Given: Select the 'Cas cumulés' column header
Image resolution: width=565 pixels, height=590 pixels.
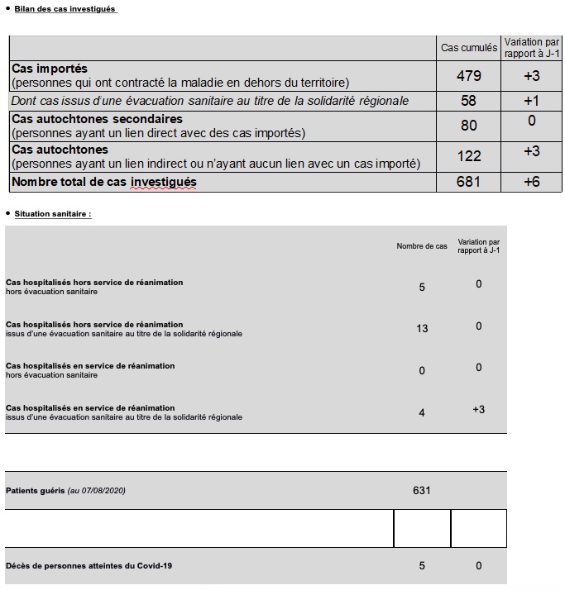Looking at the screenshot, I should click(x=469, y=48).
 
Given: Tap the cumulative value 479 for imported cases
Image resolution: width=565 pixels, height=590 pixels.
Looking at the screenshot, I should click(x=469, y=76).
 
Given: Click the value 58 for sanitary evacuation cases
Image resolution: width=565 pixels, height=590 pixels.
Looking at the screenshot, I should click(x=469, y=101).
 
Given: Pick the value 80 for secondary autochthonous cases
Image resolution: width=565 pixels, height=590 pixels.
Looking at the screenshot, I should click(x=469, y=126).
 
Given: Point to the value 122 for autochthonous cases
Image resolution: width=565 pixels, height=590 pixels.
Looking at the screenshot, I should click(x=469, y=156).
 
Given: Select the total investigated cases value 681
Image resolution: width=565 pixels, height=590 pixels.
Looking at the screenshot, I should click(x=469, y=182).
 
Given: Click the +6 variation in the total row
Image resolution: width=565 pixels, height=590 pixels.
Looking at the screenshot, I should click(x=532, y=182).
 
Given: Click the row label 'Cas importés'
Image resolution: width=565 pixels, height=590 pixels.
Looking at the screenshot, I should click(x=50, y=69).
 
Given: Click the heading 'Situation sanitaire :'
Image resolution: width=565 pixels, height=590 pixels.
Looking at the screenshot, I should click(x=53, y=214).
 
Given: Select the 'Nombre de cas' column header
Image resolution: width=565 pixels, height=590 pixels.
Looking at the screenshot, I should click(x=422, y=246).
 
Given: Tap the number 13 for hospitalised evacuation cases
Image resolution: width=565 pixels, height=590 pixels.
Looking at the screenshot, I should click(x=422, y=328).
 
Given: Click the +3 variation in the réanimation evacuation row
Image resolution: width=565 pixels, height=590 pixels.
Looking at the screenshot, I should click(x=478, y=409).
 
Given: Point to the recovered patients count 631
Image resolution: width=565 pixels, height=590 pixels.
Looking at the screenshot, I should click(x=422, y=490).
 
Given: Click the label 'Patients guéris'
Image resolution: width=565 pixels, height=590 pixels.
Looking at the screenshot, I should click(x=35, y=491).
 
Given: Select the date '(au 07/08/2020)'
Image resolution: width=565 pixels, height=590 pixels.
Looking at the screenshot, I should click(x=97, y=491).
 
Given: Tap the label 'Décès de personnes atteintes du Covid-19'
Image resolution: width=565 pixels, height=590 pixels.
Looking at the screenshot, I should click(x=89, y=566).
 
